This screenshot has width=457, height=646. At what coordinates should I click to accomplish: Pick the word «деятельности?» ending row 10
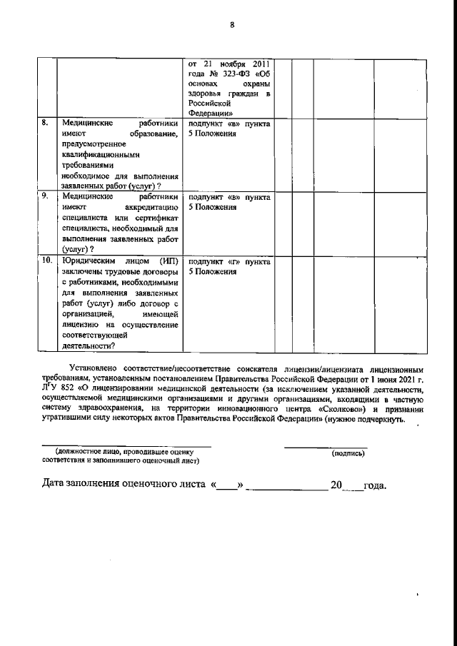pos(90,345)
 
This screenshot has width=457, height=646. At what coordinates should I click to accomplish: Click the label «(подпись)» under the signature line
pos(348,453)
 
